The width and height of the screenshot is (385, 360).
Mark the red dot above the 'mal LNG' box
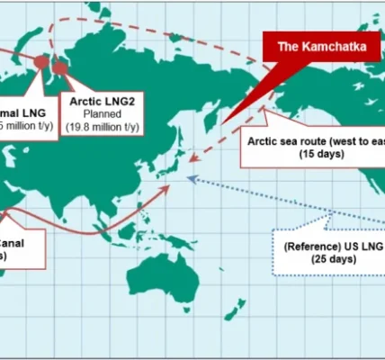[40, 61]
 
